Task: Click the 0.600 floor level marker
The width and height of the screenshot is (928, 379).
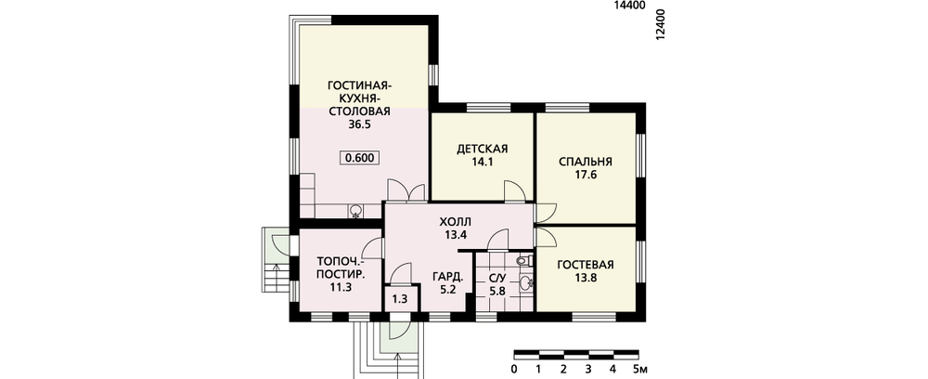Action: coord(359,158)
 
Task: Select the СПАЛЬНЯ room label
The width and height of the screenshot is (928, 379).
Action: coord(586,162)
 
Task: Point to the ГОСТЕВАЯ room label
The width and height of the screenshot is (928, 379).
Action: coord(586,264)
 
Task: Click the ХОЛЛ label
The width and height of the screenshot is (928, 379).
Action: coord(456,222)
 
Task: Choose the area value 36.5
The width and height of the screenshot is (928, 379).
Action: coord(359,125)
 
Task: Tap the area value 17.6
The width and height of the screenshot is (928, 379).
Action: coord(586,175)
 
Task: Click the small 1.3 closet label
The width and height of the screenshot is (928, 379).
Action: coord(401,299)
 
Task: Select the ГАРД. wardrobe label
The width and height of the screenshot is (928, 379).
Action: coord(447,277)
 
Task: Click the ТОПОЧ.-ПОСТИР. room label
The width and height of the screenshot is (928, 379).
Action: coord(341,268)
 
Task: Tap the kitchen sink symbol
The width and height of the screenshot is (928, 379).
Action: coord(355,210)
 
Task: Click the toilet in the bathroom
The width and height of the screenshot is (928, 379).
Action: coord(523,260)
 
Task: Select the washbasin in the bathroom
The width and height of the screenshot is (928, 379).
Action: coord(525,283)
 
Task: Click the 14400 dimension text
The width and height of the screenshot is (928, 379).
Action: coord(629,6)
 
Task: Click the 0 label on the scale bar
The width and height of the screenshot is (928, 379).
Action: coord(514,370)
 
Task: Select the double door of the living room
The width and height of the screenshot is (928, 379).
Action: coord(406,190)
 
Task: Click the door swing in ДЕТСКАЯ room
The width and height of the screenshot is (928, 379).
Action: coord(514,191)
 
